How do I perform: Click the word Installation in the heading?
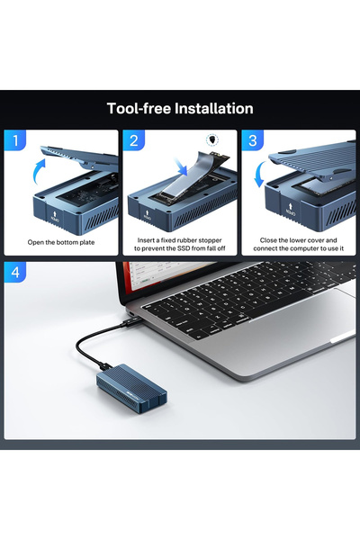pos(214,109)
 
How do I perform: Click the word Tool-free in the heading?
pos(139,109)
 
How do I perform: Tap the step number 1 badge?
pos(14,140)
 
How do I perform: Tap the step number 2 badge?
pos(134,140)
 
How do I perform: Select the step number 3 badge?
pos(253,140)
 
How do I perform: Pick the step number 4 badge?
pos(15,272)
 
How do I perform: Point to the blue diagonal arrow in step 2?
pos(181,166)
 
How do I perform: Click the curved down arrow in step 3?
pos(259,174)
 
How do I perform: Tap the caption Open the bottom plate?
pos(61,242)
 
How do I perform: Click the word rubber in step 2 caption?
pos(186,240)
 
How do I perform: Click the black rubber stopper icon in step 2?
pos(212,139)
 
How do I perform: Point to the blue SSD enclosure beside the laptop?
pos(132,389)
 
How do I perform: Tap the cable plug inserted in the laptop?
pos(132,321)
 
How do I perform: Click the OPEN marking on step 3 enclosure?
pos(291,210)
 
